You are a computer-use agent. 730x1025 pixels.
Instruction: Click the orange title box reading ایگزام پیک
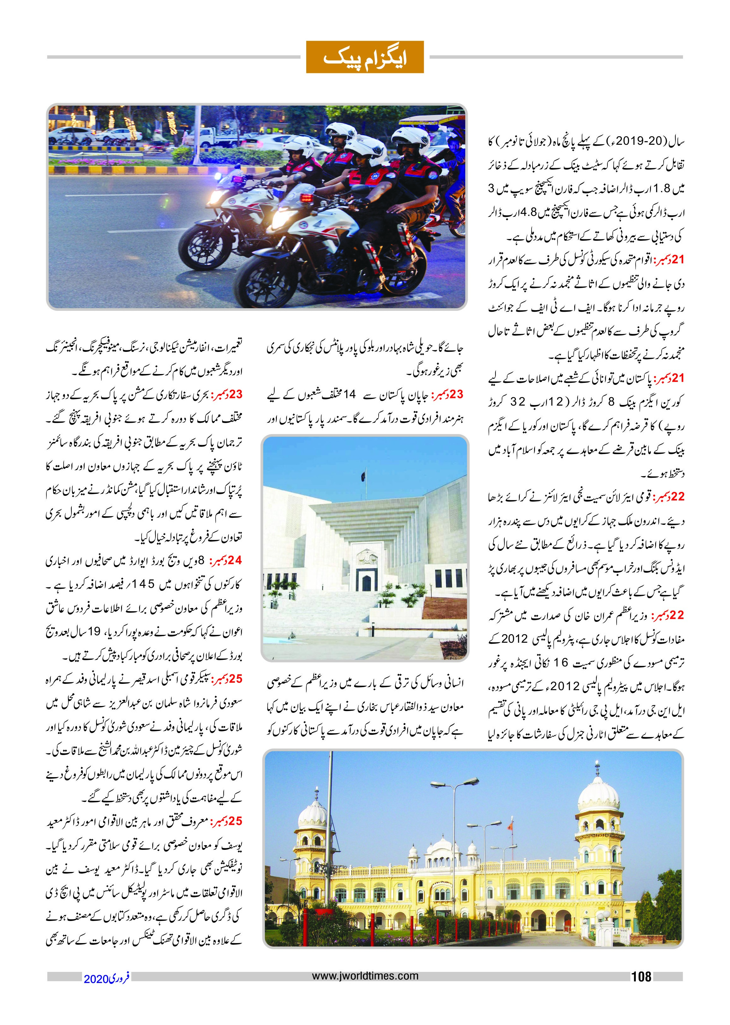click(x=365, y=57)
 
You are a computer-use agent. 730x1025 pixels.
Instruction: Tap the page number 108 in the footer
click(x=641, y=976)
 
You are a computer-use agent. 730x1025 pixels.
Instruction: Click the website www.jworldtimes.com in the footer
click(x=365, y=976)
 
